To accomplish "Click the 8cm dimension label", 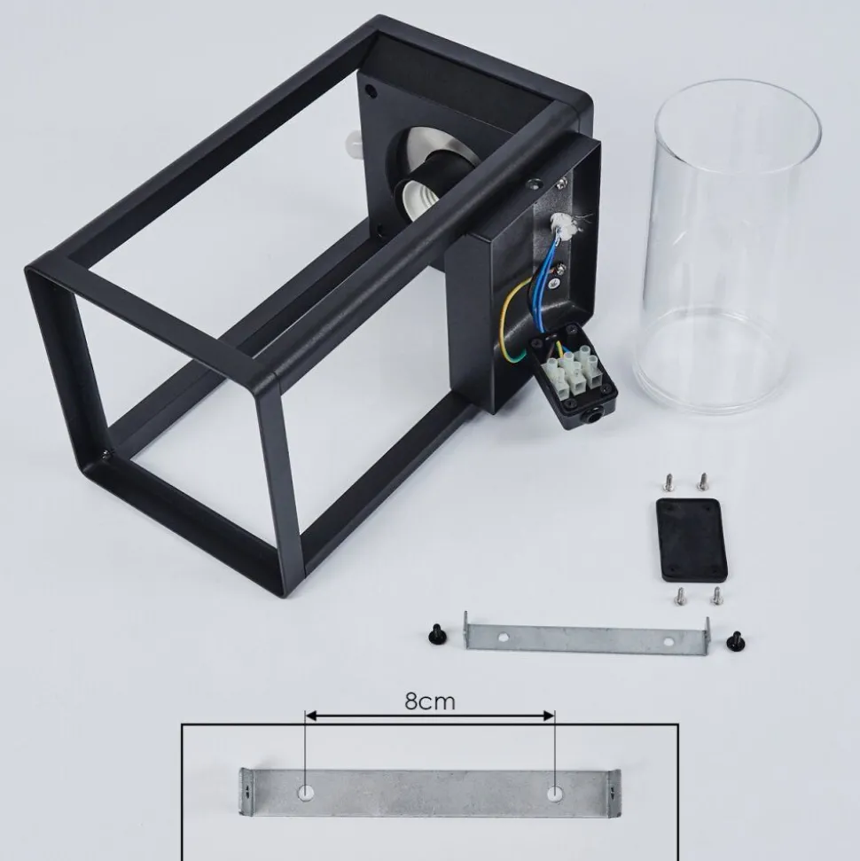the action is pos(430,701).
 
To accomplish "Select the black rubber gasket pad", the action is pos(692,540).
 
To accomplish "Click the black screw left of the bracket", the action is pos(437,634).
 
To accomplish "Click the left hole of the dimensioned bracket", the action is pos(306,793).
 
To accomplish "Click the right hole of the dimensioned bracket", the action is pos(555,794).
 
